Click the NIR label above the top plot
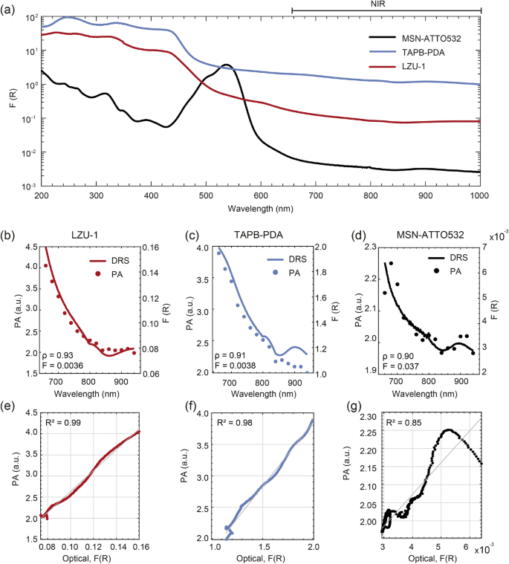(386, 4)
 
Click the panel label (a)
(10, 10)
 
